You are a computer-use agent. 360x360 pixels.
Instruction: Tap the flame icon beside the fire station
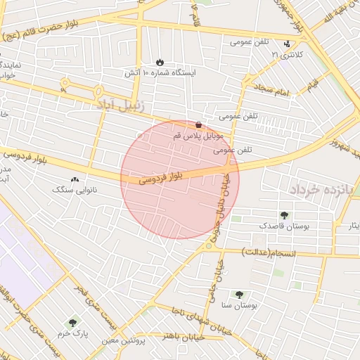(x=160, y=62)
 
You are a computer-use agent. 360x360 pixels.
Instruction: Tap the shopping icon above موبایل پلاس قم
(x=199, y=124)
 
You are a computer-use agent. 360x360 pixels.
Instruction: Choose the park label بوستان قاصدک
(x=283, y=226)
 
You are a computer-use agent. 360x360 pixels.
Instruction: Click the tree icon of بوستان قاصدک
(x=285, y=216)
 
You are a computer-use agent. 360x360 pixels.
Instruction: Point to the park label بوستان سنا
(x=240, y=306)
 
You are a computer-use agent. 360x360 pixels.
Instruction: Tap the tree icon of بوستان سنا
(x=240, y=295)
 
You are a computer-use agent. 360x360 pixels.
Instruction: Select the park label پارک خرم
(x=72, y=333)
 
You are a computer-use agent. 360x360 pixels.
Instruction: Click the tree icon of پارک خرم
(x=72, y=322)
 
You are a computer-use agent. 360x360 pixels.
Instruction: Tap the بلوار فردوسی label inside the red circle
(x=160, y=176)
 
